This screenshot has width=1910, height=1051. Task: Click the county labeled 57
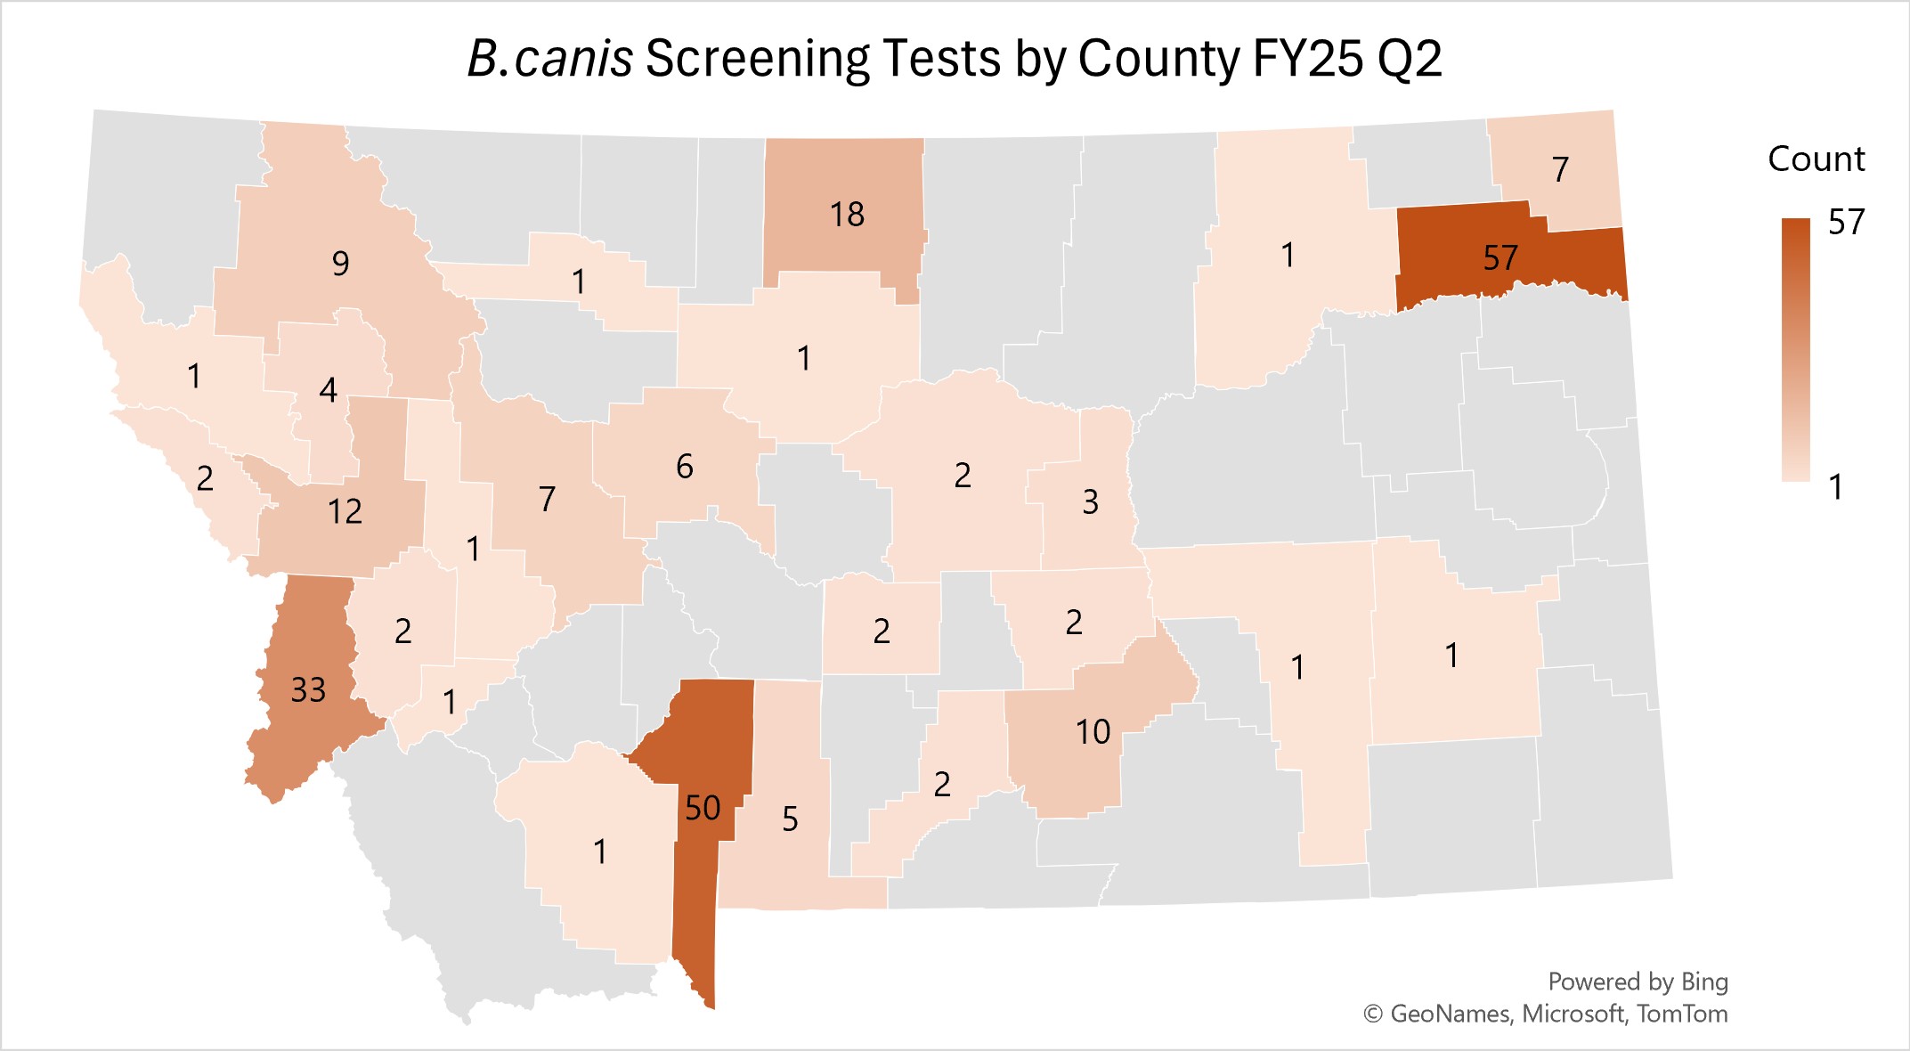[1500, 258]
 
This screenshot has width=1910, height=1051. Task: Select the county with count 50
[703, 808]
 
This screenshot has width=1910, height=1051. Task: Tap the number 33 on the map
[309, 690]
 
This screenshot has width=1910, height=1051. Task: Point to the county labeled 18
[847, 215]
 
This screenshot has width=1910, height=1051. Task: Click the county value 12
[345, 512]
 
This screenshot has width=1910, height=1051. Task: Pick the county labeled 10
[1093, 732]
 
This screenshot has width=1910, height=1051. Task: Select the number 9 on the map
[340, 264]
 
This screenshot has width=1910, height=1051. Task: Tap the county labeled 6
[684, 467]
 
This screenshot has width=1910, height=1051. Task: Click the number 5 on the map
[790, 819]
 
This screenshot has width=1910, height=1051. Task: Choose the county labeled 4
[328, 390]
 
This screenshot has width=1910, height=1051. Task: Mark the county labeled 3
[1090, 502]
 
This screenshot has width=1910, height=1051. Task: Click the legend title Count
[1816, 159]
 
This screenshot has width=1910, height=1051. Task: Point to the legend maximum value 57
[1846, 223]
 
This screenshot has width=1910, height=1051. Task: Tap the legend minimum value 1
[1835, 487]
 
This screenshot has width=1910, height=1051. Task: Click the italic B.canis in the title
[549, 60]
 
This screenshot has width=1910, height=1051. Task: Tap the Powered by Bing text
[1638, 982]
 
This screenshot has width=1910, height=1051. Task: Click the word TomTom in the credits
[1682, 1014]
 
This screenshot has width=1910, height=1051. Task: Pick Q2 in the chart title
[1409, 60]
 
